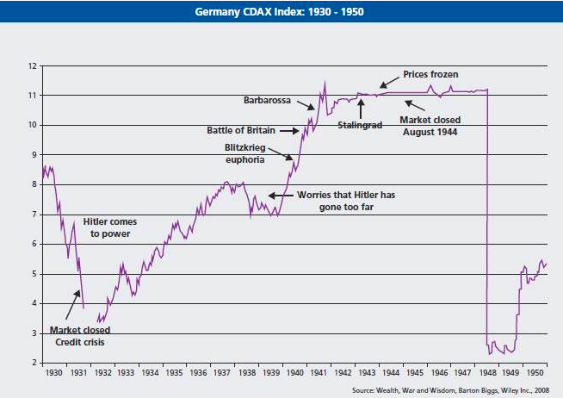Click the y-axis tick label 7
pyautogui.click(x=33, y=215)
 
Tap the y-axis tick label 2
pyautogui.click(x=33, y=364)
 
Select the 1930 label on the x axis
pyautogui.click(x=53, y=376)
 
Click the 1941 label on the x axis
pyautogui.click(x=318, y=376)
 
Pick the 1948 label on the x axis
pyautogui.click(x=486, y=376)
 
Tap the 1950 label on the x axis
pyautogui.click(x=535, y=376)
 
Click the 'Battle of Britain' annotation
pyautogui.click(x=241, y=130)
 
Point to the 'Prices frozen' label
pyautogui.click(x=430, y=75)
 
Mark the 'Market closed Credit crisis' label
pyautogui.click(x=79, y=335)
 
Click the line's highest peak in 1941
pyautogui.click(x=325, y=83)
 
